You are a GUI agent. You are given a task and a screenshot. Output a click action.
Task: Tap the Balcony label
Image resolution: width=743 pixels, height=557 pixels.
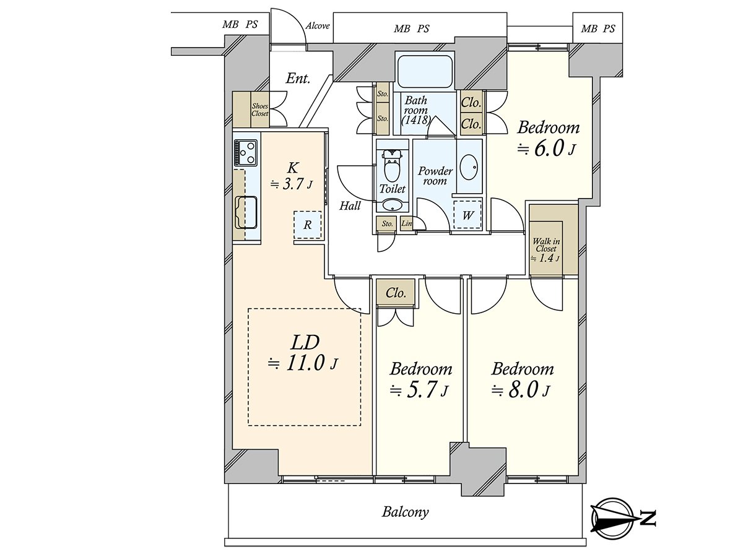click(x=405, y=512)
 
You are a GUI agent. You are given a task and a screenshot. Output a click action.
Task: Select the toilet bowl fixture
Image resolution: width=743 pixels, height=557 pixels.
click(x=392, y=166)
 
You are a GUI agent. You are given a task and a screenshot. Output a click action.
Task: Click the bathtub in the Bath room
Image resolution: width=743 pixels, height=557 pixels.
click(x=425, y=71)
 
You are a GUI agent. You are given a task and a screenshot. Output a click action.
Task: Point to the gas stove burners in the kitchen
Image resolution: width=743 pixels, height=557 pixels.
click(x=246, y=153)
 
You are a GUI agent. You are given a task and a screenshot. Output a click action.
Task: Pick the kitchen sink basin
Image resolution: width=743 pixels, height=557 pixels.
click(x=246, y=212)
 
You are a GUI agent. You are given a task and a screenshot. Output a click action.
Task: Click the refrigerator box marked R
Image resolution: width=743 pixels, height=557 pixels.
click(x=307, y=225)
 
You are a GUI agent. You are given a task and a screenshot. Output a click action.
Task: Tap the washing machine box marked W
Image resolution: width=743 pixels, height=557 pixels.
click(x=467, y=215)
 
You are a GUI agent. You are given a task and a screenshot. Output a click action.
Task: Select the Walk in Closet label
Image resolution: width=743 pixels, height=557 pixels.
click(x=545, y=250)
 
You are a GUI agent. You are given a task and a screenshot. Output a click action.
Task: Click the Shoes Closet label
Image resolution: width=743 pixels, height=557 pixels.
click(x=259, y=110)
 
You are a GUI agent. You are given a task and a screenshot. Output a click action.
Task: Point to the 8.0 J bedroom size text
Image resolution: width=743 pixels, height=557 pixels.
click(x=521, y=391)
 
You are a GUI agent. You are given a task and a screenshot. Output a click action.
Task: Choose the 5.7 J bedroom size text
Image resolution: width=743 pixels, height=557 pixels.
click(x=419, y=391)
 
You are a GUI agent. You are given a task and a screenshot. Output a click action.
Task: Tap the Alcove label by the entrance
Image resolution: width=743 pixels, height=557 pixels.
click(x=318, y=26)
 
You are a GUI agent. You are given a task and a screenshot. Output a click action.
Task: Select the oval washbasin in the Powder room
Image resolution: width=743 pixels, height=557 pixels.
click(x=469, y=166)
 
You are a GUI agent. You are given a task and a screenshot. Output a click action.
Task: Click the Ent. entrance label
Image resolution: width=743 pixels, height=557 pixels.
click(x=298, y=79)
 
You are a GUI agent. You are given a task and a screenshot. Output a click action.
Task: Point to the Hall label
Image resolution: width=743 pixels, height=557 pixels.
click(x=350, y=205)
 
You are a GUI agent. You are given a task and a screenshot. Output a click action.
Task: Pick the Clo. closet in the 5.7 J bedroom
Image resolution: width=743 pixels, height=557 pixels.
click(x=396, y=293)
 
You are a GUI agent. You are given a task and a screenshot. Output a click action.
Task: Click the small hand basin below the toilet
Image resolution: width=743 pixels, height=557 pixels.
click(x=392, y=205)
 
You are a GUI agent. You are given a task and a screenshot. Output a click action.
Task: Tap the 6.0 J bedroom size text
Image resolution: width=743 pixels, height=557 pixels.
click(x=547, y=149)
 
